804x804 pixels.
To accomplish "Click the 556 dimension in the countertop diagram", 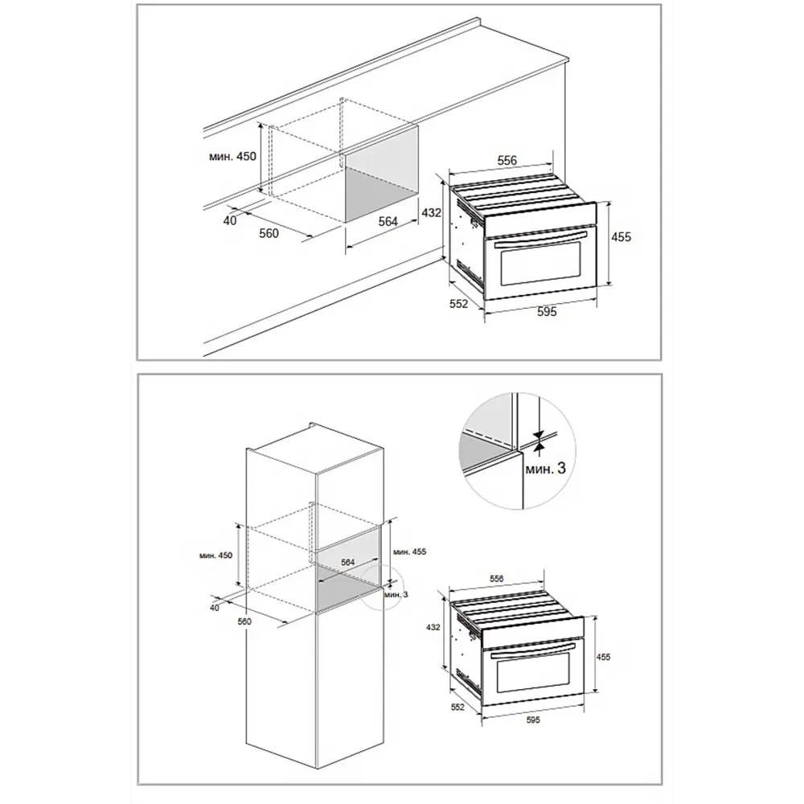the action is [x=507, y=161].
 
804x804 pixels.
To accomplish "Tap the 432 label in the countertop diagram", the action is [x=431, y=212].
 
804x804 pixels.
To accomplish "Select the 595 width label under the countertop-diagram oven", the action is [x=547, y=312].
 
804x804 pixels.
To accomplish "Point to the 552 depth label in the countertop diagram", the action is [x=459, y=304].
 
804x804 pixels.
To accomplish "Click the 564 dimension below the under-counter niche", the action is [x=388, y=221].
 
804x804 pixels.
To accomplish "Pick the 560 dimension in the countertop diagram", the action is [x=269, y=234].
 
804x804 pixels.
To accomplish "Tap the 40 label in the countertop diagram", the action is [x=230, y=220].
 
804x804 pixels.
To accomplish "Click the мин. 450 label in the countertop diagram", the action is [x=232, y=157].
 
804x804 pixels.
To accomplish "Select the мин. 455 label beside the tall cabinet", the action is [x=410, y=552].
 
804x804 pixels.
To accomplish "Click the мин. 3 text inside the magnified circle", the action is [x=546, y=468].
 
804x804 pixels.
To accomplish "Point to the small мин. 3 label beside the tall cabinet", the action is [x=396, y=594].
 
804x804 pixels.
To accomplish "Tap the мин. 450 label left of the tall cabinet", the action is [x=215, y=556].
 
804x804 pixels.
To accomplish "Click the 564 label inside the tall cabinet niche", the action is [x=347, y=563].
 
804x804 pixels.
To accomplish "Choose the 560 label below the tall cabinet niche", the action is [x=244, y=621].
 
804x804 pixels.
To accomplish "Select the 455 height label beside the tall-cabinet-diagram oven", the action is [x=604, y=657].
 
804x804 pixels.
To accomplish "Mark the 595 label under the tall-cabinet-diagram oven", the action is [x=533, y=720].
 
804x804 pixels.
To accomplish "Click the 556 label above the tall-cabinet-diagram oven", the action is [x=496, y=579].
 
